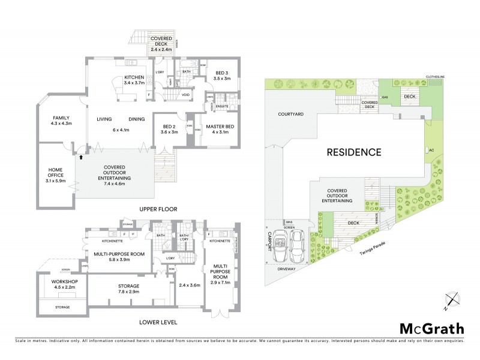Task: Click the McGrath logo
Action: point(431,328)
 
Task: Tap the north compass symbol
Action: point(451,299)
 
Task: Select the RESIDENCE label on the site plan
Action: point(353,152)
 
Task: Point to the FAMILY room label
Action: point(62,118)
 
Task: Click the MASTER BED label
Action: point(220,127)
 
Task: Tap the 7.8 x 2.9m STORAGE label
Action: point(128,289)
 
